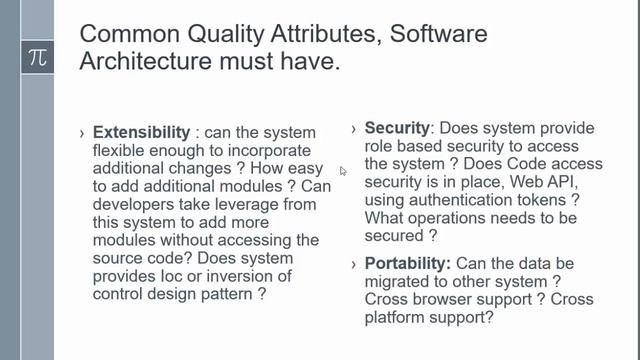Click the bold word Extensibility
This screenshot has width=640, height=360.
(x=141, y=132)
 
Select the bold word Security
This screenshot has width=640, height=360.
(x=396, y=129)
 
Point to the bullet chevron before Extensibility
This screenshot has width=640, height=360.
(x=82, y=133)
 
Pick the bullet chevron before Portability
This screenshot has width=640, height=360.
(x=355, y=264)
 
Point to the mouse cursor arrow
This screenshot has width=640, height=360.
(x=342, y=171)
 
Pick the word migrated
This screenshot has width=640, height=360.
(x=402, y=282)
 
